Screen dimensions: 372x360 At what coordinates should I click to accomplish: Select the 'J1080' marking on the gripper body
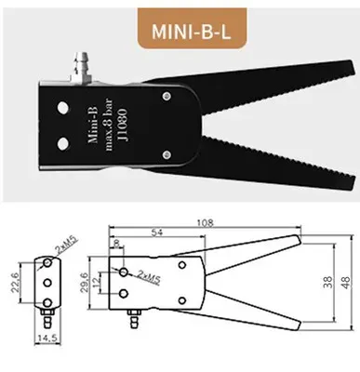coord(127,126)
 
